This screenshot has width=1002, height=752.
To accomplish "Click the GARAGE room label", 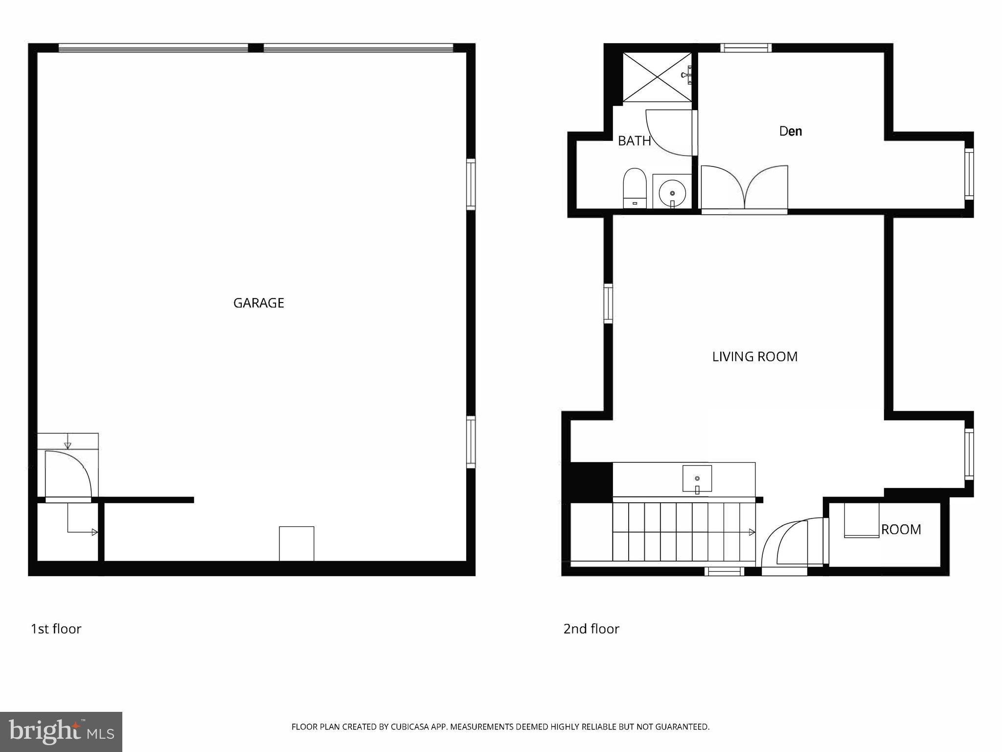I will point(258,303).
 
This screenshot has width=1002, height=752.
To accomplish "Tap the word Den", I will point(790,131).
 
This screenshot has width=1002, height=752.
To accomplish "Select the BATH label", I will point(634,141).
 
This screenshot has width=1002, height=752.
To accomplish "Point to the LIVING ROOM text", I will point(754,357).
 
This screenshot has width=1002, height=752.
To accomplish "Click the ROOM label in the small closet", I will point(901,529).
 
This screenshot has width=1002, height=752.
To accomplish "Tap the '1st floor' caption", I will point(56,629).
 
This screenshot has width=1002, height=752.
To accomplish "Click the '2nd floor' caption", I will point(591,629).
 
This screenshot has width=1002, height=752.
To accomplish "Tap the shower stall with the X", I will point(657,77).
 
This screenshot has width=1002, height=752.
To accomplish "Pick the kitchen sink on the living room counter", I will point(697,479).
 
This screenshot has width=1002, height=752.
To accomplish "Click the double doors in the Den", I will point(744,188).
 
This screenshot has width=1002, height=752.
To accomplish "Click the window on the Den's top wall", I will point(746,48).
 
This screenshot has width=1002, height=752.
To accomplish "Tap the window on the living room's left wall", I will point(608,304).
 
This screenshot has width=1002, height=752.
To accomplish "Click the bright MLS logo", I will point(61,731).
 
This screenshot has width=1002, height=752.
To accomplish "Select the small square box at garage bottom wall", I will point(296,543).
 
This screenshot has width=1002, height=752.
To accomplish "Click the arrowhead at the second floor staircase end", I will point(751,532).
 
